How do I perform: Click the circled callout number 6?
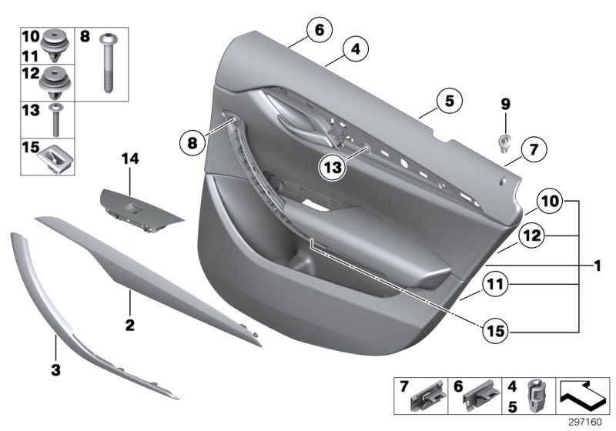[x=317, y=31]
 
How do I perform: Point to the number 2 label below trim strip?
[x=130, y=326]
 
